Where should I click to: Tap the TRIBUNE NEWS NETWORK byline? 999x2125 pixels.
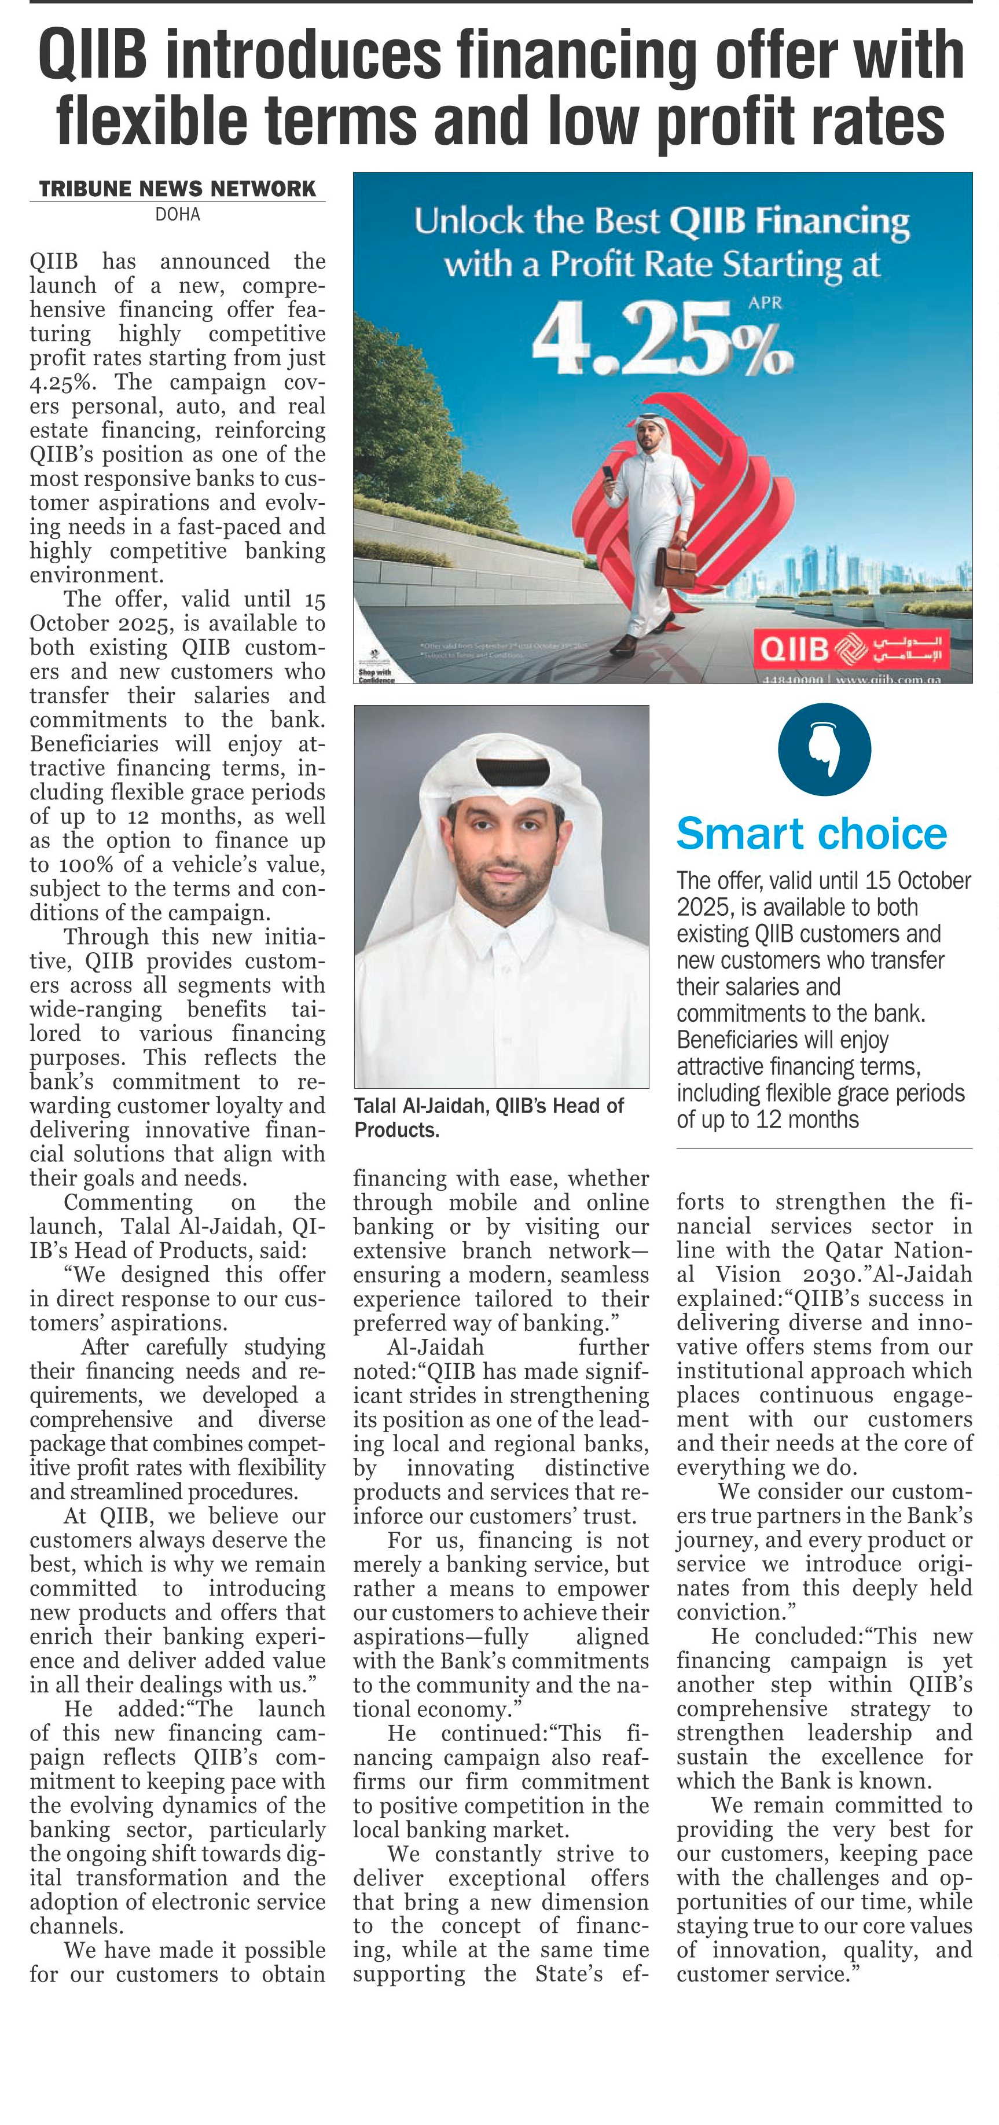(x=177, y=189)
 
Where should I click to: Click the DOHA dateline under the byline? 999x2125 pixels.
(x=177, y=215)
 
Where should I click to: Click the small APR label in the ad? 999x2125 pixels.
(x=765, y=303)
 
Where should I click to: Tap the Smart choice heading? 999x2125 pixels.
(x=811, y=834)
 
